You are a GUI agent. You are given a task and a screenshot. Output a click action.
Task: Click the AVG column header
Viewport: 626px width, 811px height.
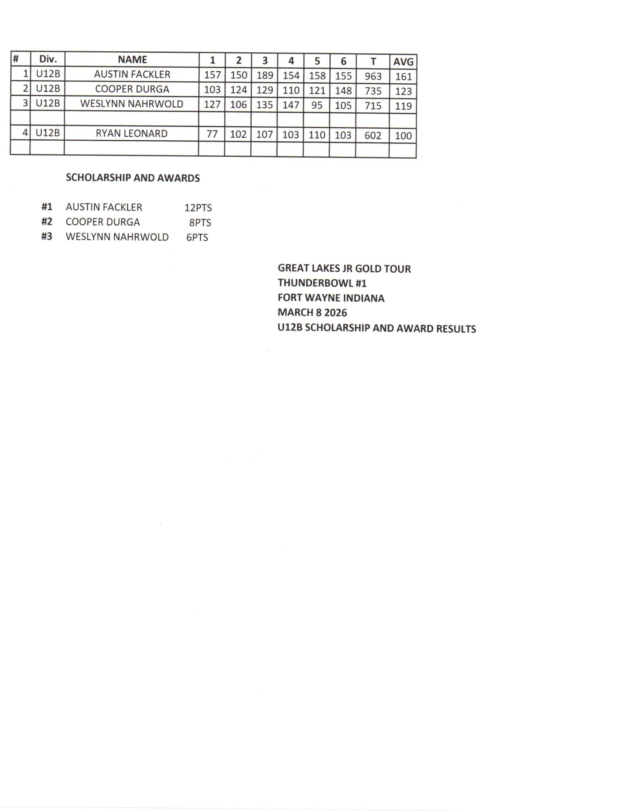403,62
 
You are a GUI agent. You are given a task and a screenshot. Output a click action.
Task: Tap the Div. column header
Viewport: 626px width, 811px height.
48,59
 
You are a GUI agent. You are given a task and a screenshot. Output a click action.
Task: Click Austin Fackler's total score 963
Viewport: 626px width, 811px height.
372,76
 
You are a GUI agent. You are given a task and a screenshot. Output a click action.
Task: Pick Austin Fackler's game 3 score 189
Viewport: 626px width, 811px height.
265,75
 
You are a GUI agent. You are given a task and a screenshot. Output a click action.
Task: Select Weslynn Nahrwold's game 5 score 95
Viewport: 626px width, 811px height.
316,105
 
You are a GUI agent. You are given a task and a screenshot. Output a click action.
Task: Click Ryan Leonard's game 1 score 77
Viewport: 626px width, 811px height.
211,134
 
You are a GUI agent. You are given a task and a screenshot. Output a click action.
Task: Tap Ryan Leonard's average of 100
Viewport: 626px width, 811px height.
403,136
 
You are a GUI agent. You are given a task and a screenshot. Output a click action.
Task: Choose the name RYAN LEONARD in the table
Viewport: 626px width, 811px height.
131,133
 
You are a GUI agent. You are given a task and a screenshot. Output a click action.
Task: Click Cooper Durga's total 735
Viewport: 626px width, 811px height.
372,91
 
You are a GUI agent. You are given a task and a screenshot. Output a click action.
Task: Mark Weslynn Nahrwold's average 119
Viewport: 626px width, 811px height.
403,106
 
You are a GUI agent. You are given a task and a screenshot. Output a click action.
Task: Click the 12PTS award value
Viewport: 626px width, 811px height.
198,208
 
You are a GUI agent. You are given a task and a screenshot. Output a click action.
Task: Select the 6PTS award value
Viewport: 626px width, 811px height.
197,237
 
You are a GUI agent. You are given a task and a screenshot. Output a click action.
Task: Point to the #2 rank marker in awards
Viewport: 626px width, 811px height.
47,222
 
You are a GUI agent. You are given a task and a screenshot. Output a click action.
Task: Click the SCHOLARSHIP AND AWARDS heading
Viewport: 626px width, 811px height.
133,178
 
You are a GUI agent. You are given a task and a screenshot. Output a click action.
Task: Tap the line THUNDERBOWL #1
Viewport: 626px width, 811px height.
322,283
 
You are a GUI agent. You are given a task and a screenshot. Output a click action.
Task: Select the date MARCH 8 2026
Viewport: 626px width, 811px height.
312,313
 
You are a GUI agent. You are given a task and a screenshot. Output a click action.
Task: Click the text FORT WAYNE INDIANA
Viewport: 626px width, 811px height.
331,298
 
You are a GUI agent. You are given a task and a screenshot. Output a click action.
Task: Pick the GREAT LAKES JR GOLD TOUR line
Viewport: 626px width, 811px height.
344,268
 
